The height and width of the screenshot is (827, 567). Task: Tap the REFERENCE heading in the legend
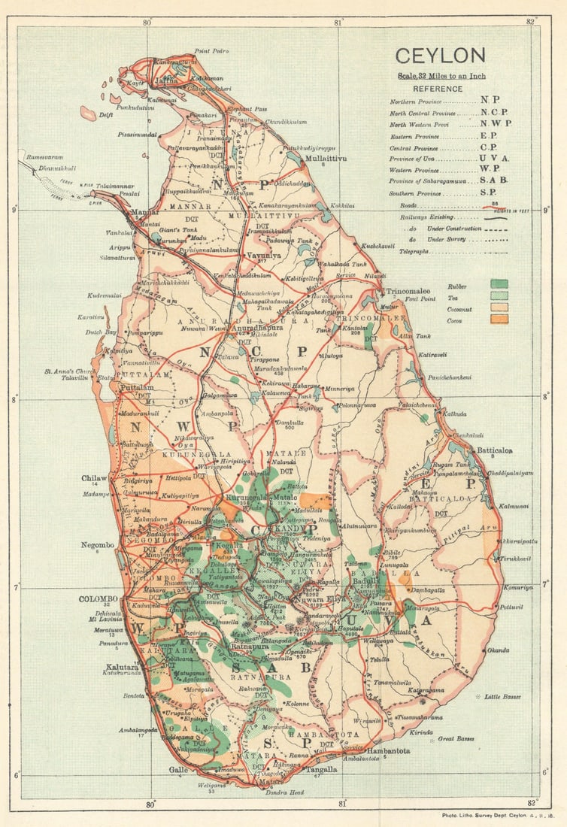[438, 88]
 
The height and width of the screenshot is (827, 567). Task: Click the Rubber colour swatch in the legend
[499, 284]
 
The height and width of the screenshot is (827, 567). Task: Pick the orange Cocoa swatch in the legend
[499, 319]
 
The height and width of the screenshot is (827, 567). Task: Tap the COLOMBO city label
[99, 599]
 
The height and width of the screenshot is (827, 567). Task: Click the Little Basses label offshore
[502, 697]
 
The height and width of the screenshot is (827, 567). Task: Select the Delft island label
[106, 115]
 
